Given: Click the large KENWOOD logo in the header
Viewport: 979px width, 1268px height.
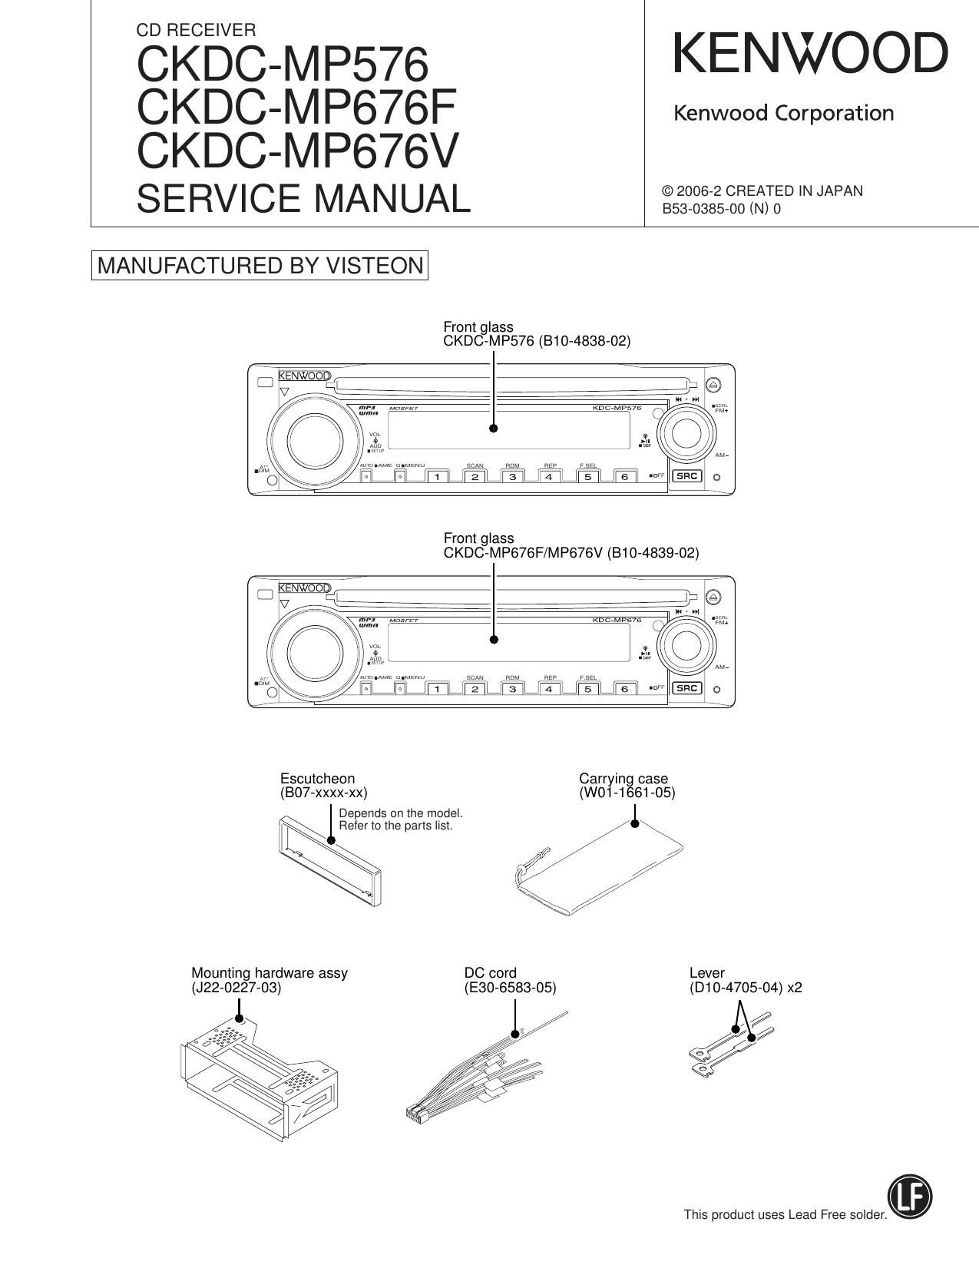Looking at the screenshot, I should pyautogui.click(x=811, y=54).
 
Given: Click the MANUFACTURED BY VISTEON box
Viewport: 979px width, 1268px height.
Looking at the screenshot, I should pyautogui.click(x=260, y=266).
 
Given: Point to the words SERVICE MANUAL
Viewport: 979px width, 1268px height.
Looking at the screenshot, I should pyautogui.click(x=303, y=198).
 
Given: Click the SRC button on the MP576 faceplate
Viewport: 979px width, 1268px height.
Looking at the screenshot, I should pyautogui.click(x=686, y=476).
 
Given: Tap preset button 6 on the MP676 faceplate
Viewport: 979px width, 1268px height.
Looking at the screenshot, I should pyautogui.click(x=624, y=689).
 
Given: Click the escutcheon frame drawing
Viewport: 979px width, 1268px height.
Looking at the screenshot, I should pyautogui.click(x=328, y=861).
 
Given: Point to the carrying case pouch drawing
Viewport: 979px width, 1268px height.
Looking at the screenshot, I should pyautogui.click(x=597, y=869).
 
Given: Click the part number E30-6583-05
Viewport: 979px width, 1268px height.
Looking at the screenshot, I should pyautogui.click(x=510, y=988).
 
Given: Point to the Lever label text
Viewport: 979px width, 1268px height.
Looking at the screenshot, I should pyautogui.click(x=706, y=973).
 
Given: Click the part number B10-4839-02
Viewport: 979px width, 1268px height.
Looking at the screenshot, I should pyautogui.click(x=653, y=552).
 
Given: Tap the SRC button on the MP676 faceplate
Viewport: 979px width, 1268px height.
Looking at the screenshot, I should pyautogui.click(x=686, y=688).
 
